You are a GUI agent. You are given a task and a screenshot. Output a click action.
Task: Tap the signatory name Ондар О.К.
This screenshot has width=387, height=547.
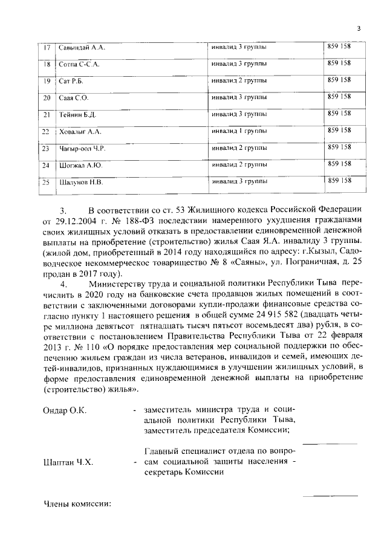tap(65, 410)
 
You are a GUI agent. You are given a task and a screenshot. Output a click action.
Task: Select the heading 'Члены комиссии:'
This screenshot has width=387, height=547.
tap(78, 504)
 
